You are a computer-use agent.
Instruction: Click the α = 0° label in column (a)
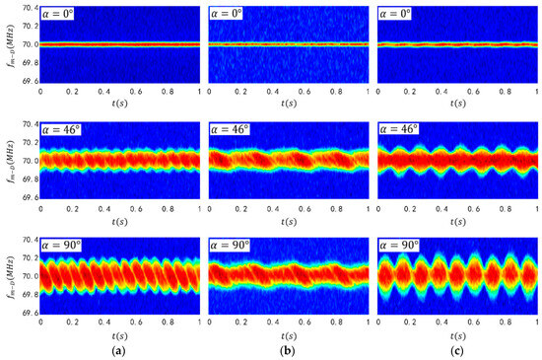click(63, 14)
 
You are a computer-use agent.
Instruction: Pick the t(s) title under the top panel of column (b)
click(288, 104)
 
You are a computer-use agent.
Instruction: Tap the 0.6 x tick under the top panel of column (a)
click(135, 91)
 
